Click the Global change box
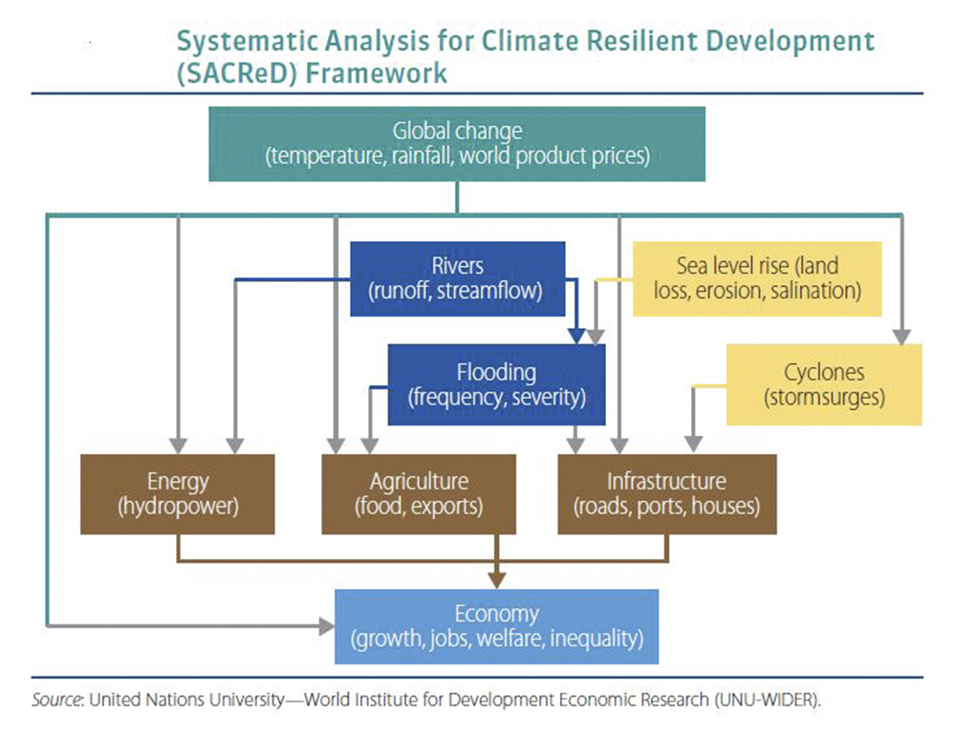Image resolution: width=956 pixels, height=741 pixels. (457, 144)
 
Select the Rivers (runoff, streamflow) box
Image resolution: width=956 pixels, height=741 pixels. (457, 279)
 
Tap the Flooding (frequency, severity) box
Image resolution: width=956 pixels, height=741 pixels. (496, 384)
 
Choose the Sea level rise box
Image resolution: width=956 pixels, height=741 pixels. (757, 279)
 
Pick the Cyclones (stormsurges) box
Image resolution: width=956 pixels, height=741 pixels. (824, 384)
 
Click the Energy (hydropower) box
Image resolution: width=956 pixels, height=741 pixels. (178, 494)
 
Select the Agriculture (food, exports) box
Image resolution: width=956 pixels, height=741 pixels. (419, 494)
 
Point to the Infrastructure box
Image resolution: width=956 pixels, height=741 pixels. (667, 494)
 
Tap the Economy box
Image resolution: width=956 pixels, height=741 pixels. (496, 626)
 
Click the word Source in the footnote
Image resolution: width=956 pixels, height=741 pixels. (56, 700)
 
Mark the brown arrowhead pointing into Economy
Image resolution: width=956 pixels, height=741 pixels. (497, 580)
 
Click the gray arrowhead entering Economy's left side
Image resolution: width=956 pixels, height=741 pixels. (327, 625)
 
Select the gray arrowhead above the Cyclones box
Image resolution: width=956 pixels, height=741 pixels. (902, 337)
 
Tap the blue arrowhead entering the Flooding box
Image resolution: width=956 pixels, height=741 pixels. (576, 337)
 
